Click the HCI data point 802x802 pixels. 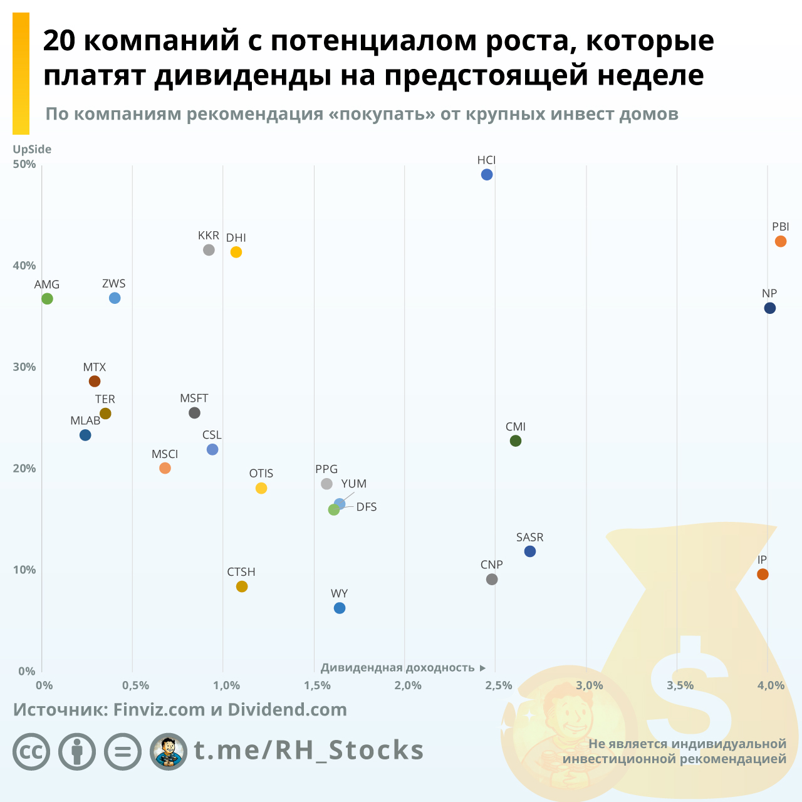[x=487, y=175]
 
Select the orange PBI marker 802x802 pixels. [x=780, y=241]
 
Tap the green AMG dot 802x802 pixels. [x=47, y=299]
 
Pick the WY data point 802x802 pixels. [x=340, y=608]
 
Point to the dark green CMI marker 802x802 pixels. [x=516, y=441]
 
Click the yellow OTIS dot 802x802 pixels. [x=261, y=488]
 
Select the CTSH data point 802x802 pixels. [x=242, y=586]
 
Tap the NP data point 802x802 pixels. [x=770, y=308]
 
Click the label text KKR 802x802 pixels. [x=209, y=236]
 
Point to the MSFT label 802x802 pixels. [x=194, y=398]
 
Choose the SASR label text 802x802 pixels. [x=529, y=538]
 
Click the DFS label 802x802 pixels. [x=367, y=507]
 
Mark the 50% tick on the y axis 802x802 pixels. [x=24, y=164]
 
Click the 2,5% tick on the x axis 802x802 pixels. [x=499, y=685]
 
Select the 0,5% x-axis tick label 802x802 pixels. [x=136, y=685]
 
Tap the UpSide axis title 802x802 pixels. [x=32, y=149]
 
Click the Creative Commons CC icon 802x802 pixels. [x=31, y=751]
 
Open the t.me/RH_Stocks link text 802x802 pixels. [x=309, y=750]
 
